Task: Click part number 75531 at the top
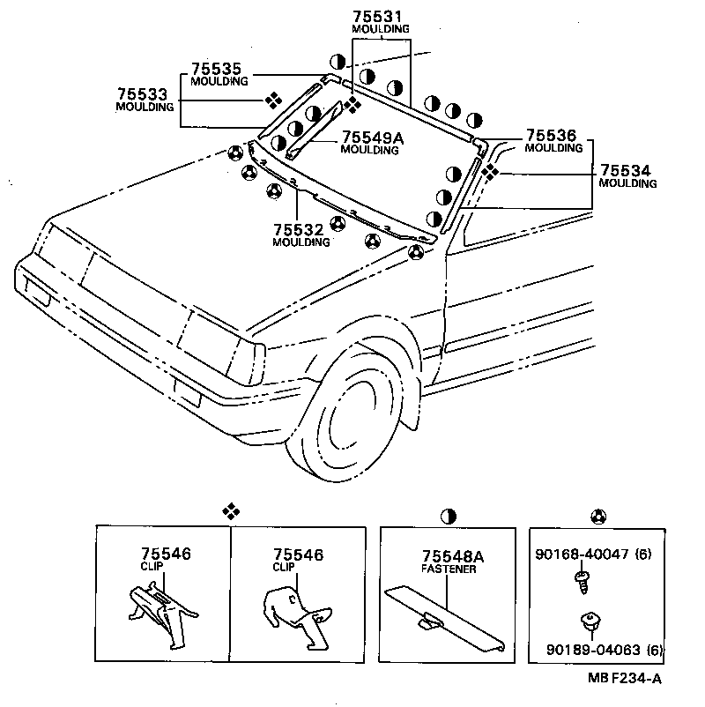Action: pyautogui.click(x=381, y=16)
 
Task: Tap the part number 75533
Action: pyautogui.click(x=143, y=93)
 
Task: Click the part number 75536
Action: pyautogui.click(x=551, y=136)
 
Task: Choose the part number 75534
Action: pyautogui.click(x=627, y=170)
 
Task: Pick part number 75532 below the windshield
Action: pyautogui.click(x=301, y=229)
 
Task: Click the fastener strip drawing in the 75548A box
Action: pyautogui.click(x=445, y=617)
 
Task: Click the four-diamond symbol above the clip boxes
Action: pyautogui.click(x=230, y=510)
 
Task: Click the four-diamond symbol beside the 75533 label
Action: pyautogui.click(x=275, y=100)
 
